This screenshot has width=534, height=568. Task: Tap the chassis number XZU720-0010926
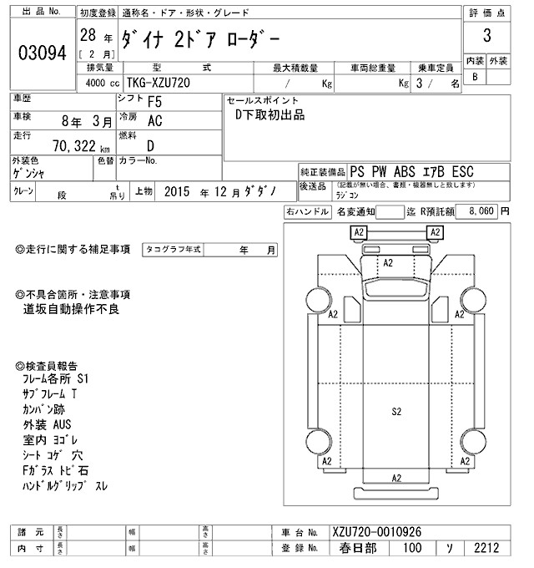coord(375,531)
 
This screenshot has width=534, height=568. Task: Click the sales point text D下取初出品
coord(270,115)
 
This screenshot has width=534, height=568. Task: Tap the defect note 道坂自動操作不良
coord(73,309)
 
